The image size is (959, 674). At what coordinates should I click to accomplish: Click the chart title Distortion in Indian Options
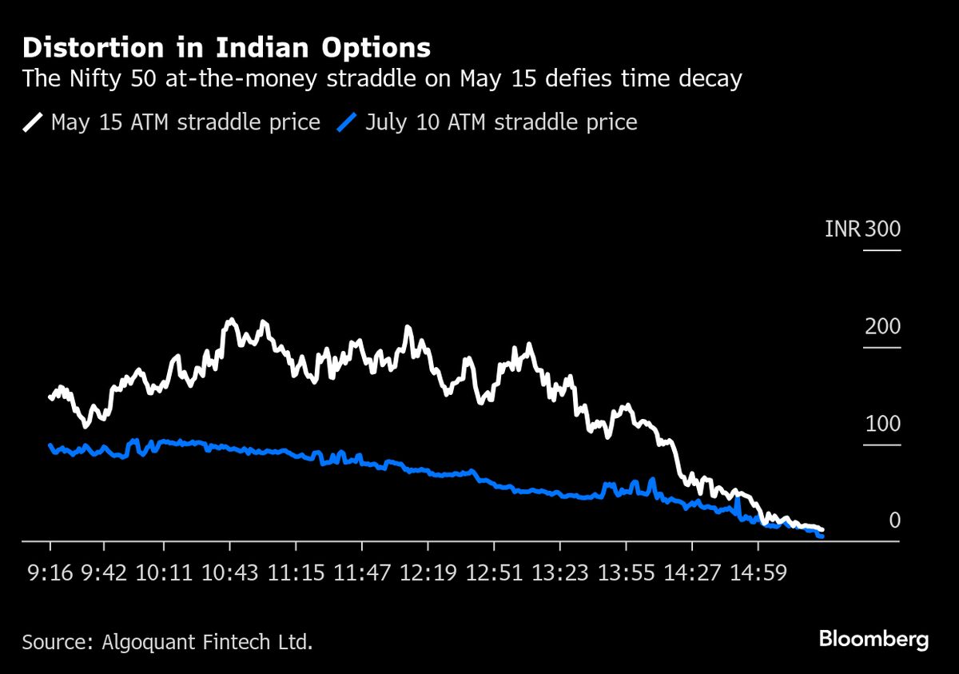click(226, 48)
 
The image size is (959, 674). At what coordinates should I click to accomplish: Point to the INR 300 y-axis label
click(862, 229)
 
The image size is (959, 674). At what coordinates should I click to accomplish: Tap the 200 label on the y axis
click(882, 327)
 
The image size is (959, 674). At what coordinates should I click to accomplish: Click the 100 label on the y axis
click(882, 425)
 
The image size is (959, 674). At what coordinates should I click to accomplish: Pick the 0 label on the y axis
click(894, 521)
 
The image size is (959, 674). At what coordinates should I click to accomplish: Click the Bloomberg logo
click(873, 639)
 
